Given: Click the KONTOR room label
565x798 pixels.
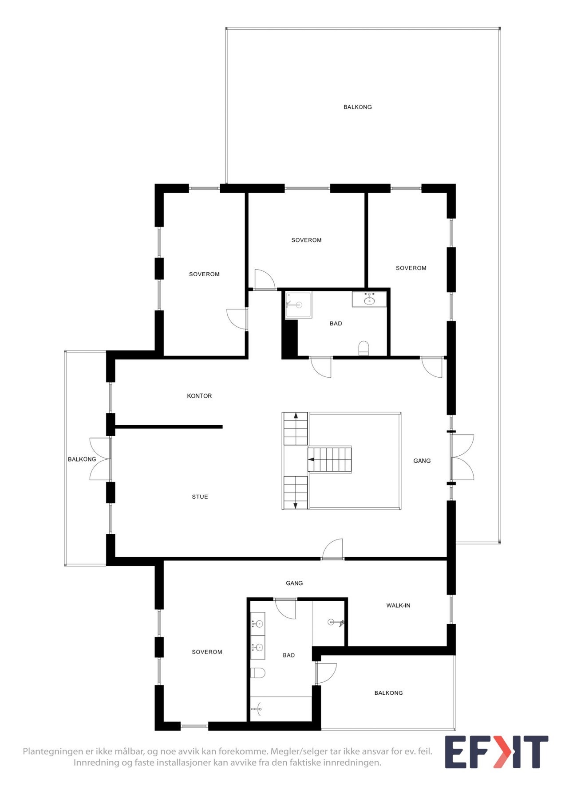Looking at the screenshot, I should pyautogui.click(x=199, y=396).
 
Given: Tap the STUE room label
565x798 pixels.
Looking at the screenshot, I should pyautogui.click(x=200, y=497).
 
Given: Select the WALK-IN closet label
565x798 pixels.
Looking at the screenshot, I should pyautogui.click(x=398, y=605).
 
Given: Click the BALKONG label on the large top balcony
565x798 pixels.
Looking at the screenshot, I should pyautogui.click(x=357, y=107).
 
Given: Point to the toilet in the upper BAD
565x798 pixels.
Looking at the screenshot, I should pyautogui.click(x=363, y=348).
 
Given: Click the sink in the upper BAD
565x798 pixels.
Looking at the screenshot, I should pyautogui.click(x=369, y=300).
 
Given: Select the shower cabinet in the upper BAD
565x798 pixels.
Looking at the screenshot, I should pyautogui.click(x=298, y=305).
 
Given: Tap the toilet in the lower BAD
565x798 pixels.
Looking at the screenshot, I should pyautogui.click(x=258, y=673).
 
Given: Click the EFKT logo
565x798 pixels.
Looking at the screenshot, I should pyautogui.click(x=496, y=752).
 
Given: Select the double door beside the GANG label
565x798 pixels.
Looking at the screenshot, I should pyautogui.click(x=462, y=457).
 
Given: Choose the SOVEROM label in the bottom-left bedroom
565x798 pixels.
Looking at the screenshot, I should pyautogui.click(x=207, y=652).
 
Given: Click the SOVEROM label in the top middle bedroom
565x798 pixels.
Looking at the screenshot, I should pyautogui.click(x=306, y=240).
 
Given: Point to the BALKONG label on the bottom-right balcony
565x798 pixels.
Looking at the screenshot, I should pyautogui.click(x=388, y=692).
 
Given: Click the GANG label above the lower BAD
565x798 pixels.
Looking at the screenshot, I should pyautogui.click(x=294, y=583).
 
